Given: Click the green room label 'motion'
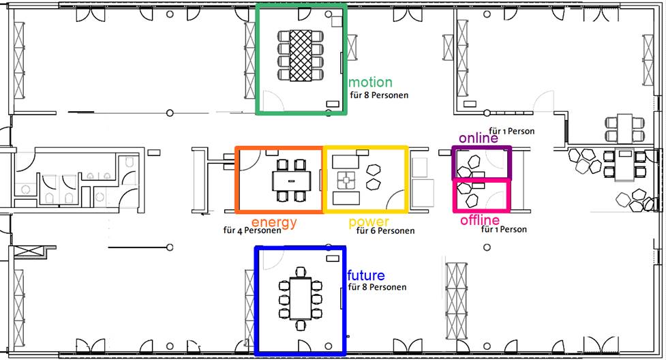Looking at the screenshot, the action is pyautogui.click(x=370, y=82).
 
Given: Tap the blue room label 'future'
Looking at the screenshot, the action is pyautogui.click(x=365, y=275).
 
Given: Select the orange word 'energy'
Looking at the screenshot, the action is pyautogui.click(x=274, y=223).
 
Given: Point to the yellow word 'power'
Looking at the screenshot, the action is pyautogui.click(x=369, y=222).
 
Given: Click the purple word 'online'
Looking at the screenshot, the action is pyautogui.click(x=479, y=138).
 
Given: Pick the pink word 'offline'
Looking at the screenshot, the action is pyautogui.click(x=480, y=220).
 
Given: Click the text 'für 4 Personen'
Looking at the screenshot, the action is pyautogui.click(x=252, y=230).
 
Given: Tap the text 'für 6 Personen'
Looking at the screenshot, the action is pyautogui.click(x=385, y=230).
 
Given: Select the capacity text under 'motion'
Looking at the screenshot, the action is pyautogui.click(x=379, y=95).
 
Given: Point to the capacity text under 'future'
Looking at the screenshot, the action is pyautogui.click(x=377, y=287).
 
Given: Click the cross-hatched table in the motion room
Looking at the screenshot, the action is pyautogui.click(x=301, y=55).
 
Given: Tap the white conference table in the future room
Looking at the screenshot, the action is pyautogui.click(x=301, y=298).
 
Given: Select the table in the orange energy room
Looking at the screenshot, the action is pyautogui.click(x=291, y=181).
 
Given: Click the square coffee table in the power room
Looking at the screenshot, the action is pyautogui.click(x=346, y=180).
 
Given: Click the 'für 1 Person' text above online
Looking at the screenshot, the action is pyautogui.click(x=511, y=132).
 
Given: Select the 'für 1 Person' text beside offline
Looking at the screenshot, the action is pyautogui.click(x=504, y=230).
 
